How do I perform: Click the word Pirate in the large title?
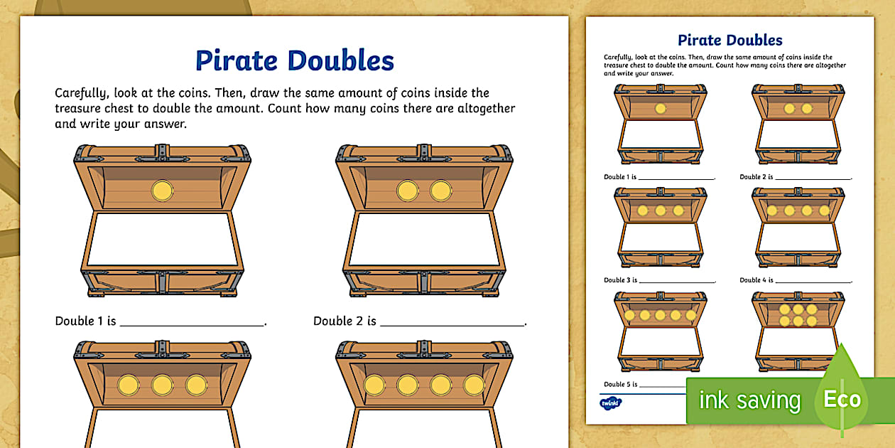(x=236, y=61)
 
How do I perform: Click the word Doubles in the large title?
(x=341, y=61)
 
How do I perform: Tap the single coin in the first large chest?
(x=162, y=191)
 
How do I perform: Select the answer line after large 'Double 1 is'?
(x=192, y=325)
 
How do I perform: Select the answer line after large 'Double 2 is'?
(x=452, y=325)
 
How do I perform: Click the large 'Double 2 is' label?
(x=345, y=321)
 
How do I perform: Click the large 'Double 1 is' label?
(x=85, y=321)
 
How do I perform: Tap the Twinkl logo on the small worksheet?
(x=610, y=403)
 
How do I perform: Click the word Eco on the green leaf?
(x=842, y=399)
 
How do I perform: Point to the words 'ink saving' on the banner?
(x=749, y=400)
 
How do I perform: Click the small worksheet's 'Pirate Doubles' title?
(x=730, y=40)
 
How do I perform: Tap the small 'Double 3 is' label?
(x=620, y=280)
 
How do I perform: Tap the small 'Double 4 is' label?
(x=756, y=280)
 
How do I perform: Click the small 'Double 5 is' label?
(x=620, y=384)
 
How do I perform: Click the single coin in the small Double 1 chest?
(x=661, y=108)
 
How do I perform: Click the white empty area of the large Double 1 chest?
(x=162, y=239)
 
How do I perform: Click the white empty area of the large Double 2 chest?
(x=424, y=239)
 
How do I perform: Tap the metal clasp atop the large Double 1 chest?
(x=162, y=153)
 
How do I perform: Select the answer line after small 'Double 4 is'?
(x=813, y=282)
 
